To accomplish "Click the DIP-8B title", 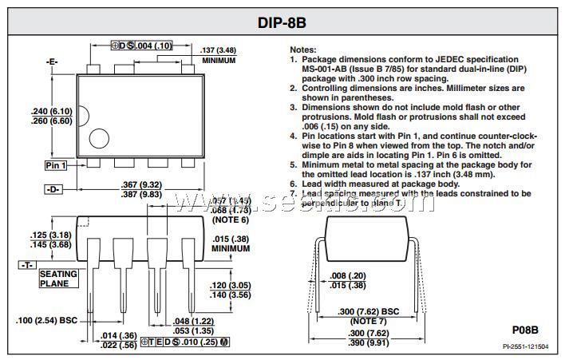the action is [x=284, y=22].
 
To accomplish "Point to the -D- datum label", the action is [x=54, y=191].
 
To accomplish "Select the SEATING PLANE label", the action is [x=58, y=279].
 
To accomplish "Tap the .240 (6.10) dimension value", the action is [x=51, y=111].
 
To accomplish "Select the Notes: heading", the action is [x=303, y=49].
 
